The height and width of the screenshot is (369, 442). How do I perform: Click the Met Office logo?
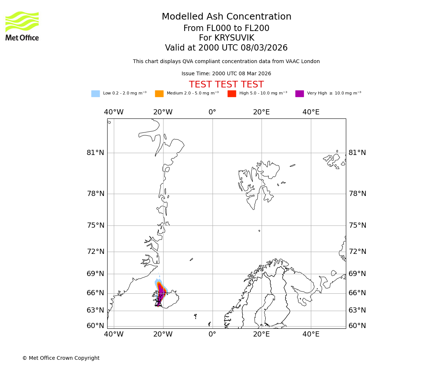pyautogui.click(x=22, y=26)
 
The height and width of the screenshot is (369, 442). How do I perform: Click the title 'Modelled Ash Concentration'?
pyautogui.click(x=226, y=17)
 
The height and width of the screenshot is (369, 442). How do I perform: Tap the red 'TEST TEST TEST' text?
pyautogui.click(x=226, y=85)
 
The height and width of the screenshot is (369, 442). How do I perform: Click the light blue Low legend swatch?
pyautogui.click(x=95, y=94)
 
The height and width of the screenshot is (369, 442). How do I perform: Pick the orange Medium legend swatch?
pyautogui.click(x=159, y=94)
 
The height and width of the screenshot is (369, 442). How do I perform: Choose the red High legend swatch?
pyautogui.click(x=232, y=94)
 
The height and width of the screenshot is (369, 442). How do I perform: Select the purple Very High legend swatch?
pyautogui.click(x=299, y=94)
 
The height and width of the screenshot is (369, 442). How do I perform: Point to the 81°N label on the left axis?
pyautogui.click(x=95, y=153)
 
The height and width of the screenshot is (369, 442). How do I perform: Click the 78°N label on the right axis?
pyautogui.click(x=357, y=194)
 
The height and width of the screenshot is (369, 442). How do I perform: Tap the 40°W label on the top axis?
pyautogui.click(x=113, y=112)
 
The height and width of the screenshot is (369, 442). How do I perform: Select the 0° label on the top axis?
pyautogui.click(x=212, y=112)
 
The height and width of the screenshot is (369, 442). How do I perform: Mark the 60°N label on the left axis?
pyautogui.click(x=95, y=326)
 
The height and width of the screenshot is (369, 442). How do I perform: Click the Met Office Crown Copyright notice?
pyautogui.click(x=61, y=358)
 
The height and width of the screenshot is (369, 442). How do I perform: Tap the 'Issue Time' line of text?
pyautogui.click(x=226, y=74)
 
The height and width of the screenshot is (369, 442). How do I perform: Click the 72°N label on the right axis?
pyautogui.click(x=357, y=252)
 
